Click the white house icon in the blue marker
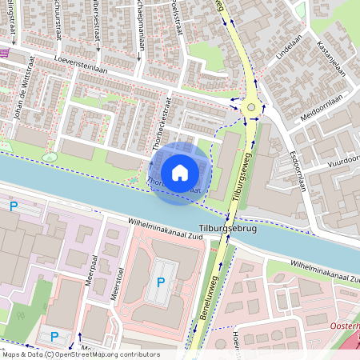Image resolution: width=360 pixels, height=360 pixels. click(x=179, y=173)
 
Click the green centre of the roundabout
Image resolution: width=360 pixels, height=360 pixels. click(x=252, y=106)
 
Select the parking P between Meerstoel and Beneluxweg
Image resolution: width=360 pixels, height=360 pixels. click(x=161, y=282)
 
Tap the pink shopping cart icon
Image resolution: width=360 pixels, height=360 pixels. click(x=4, y=53)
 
